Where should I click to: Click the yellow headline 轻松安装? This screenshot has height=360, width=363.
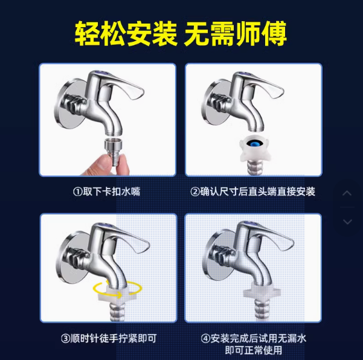coord(126,34)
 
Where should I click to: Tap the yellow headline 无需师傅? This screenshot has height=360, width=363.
coord(236,34)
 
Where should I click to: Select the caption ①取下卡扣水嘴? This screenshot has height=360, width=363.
coord(107,191)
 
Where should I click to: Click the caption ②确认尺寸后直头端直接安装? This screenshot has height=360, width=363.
coord(253,191)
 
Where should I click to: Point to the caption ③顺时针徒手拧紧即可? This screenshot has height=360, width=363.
coord(109,338)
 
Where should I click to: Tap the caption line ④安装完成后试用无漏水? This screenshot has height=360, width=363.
coord(254,338)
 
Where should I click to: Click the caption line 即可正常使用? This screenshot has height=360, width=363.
coord(254,350)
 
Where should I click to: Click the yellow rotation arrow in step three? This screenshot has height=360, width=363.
coord(117,290)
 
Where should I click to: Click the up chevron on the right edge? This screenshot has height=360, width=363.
coord(347,193)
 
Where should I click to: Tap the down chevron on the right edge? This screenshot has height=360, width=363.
coord(347,222)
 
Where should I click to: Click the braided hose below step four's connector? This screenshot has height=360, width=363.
coord(262,310)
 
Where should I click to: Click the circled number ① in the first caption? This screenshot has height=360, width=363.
coord(77,192)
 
